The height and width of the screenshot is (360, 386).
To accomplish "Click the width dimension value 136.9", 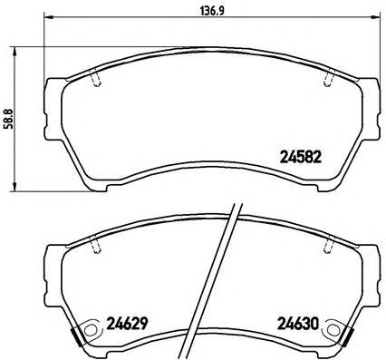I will pyautogui.click(x=210, y=12).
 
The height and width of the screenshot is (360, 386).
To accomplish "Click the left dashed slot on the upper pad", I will pyautogui.click(x=97, y=79).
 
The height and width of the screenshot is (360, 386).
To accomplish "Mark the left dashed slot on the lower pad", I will pyautogui.click(x=97, y=245).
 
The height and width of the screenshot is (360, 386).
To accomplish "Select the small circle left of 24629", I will pyautogui.click(x=91, y=328).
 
